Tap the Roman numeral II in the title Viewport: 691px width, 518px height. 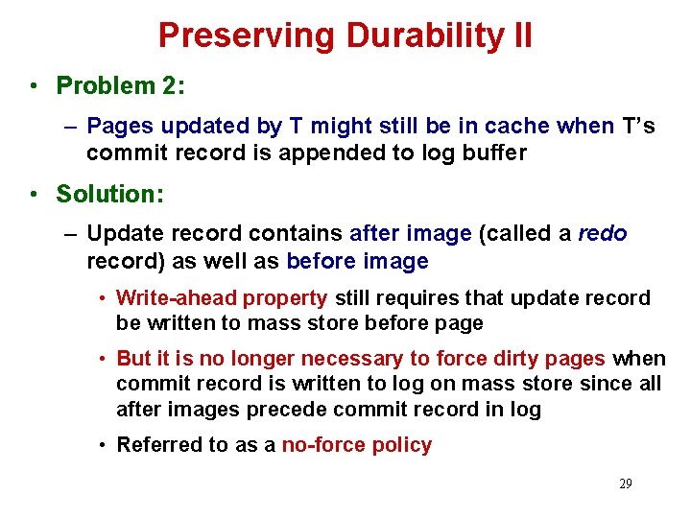[x=521, y=35]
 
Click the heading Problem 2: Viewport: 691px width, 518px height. [x=121, y=85]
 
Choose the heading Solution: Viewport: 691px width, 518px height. [x=110, y=193]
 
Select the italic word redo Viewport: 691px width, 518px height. [x=602, y=233]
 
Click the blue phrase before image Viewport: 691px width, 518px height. [x=357, y=260]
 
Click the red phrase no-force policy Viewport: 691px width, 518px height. [x=356, y=444]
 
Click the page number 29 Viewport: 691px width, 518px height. [x=625, y=483]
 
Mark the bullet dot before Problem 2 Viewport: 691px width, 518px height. [x=34, y=85]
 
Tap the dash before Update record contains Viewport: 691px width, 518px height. [x=72, y=233]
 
